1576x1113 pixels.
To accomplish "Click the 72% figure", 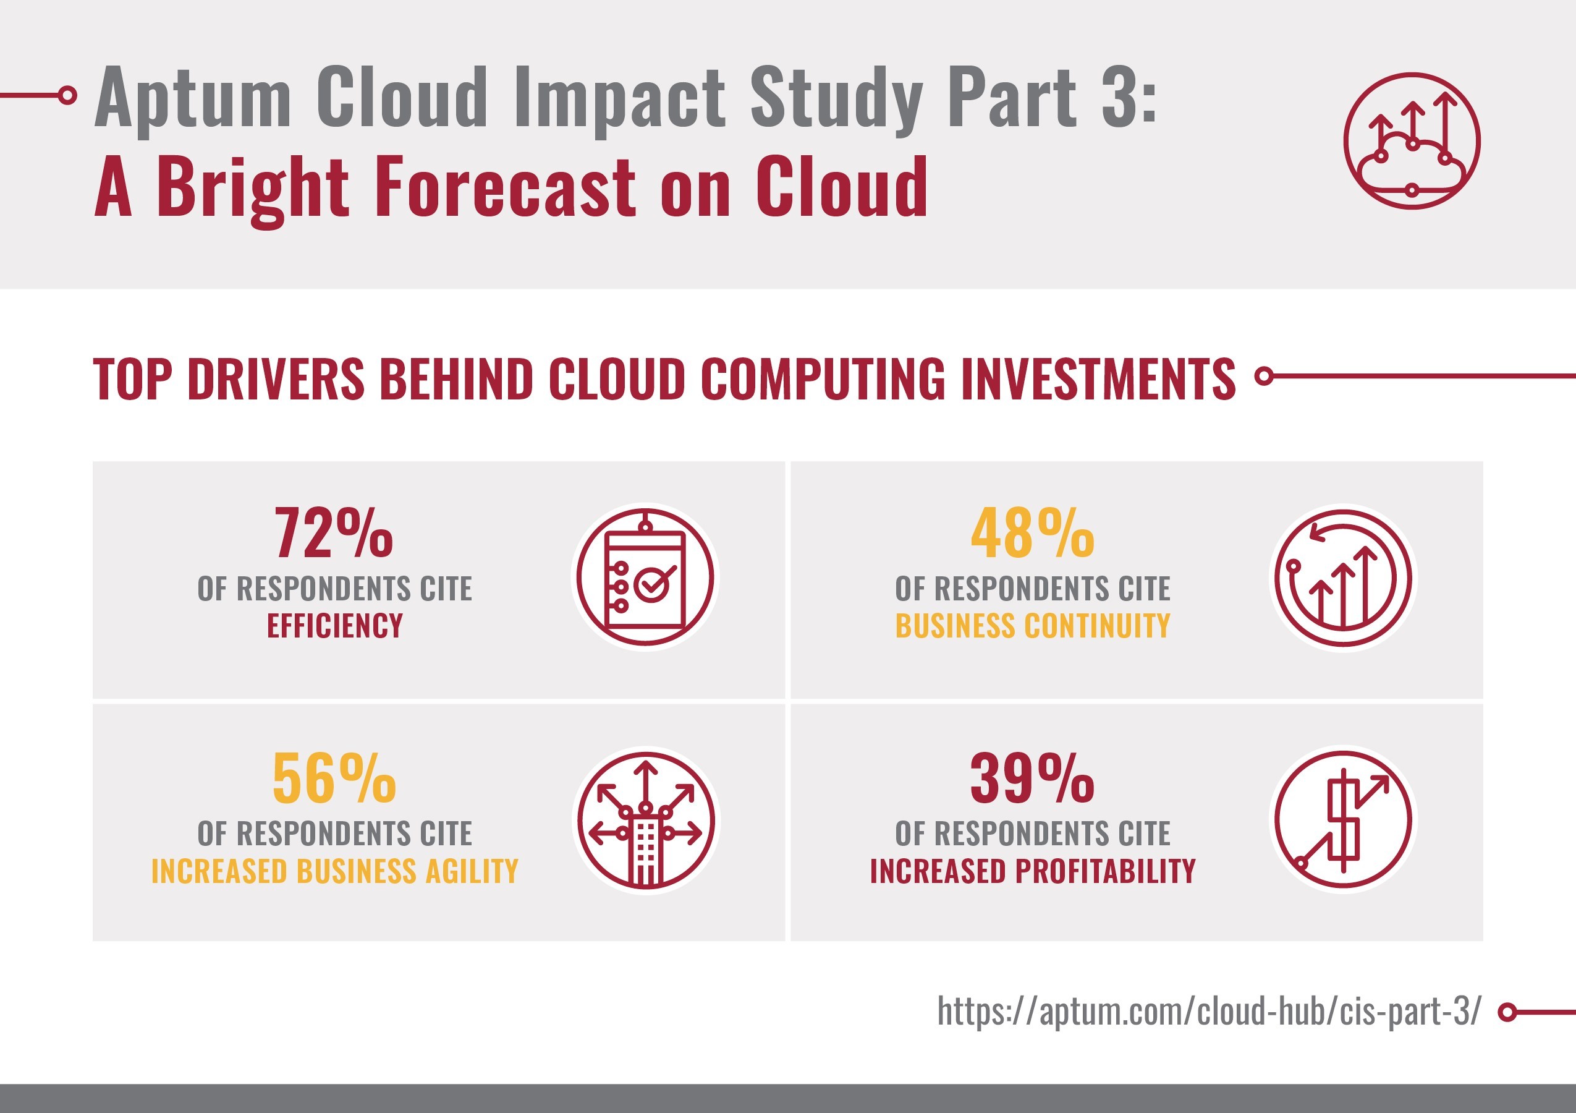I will (x=334, y=534).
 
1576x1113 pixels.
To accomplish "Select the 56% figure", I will (x=334, y=778).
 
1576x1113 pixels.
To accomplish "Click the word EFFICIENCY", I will (x=335, y=626).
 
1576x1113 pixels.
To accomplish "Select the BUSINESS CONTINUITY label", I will (x=1032, y=626).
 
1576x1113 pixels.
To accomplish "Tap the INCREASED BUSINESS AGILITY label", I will (x=335, y=871).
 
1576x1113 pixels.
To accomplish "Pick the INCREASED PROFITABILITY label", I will (x=1032, y=871).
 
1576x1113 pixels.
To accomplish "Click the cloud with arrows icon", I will (x=1412, y=141).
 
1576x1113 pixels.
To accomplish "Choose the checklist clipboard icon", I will (x=645, y=577).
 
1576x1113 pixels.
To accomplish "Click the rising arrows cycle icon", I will (x=1343, y=577).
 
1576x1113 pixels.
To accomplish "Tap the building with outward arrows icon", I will (x=645, y=821).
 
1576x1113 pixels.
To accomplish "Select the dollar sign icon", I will (x=1343, y=821).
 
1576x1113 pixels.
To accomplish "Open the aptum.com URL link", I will (x=1209, y=1012).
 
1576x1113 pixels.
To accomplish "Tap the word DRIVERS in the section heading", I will (x=275, y=379).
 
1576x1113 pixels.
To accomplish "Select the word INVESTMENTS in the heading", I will (x=1098, y=379).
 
